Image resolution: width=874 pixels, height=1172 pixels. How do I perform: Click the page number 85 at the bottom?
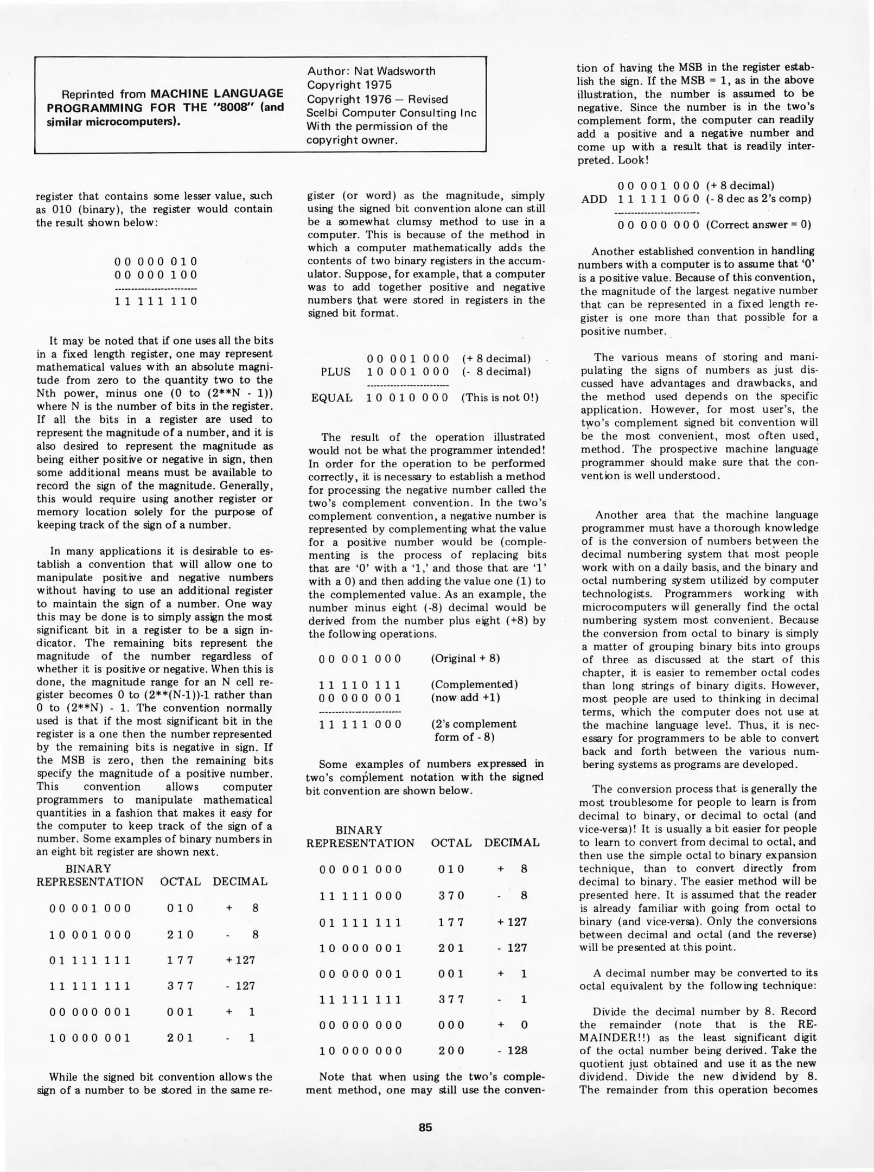tap(425, 1126)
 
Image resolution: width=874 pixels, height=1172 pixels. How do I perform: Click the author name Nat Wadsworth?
tap(402, 71)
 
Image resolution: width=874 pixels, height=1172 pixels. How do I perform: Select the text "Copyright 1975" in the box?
tap(349, 85)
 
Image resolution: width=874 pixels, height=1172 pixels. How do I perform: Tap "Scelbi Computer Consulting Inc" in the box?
tap(391, 113)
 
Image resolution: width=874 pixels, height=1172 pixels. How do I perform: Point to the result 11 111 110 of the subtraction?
tap(156, 301)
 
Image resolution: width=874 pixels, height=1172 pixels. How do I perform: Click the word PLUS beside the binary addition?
tap(335, 372)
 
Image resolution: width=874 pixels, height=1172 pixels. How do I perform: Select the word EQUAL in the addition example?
tap(331, 398)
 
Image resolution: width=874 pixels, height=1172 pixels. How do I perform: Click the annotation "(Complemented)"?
tap(474, 684)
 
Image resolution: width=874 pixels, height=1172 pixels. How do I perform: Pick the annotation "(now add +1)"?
tap(465, 697)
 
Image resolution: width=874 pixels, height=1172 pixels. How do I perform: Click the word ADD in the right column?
tap(594, 199)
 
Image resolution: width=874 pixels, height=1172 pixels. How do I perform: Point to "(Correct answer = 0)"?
tap(758, 225)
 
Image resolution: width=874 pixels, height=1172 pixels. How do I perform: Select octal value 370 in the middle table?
tap(451, 895)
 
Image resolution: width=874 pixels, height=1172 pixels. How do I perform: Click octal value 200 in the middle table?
tap(451, 1050)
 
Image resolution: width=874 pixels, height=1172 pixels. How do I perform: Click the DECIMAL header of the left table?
tap(240, 882)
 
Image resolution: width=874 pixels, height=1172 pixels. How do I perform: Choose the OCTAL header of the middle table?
tap(451, 843)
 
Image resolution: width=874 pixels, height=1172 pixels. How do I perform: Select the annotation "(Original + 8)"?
tap(465, 658)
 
